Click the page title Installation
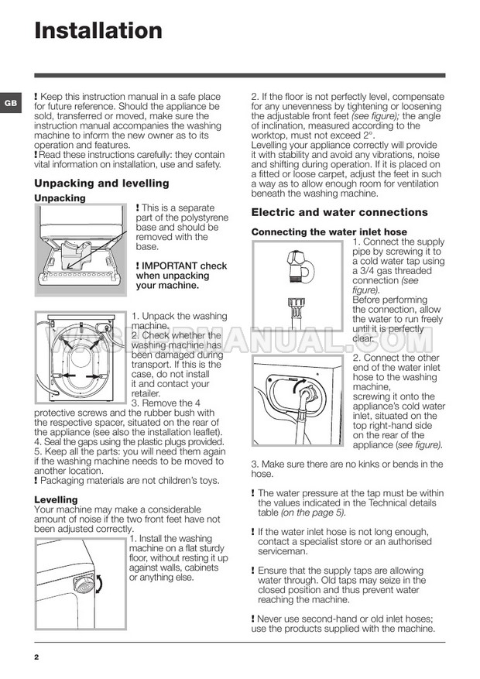point(98,31)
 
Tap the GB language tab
point(9,103)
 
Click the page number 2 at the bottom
point(36,657)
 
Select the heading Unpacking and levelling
point(101,183)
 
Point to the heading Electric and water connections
point(340,212)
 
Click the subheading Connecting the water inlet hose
point(329,231)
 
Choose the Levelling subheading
point(56,500)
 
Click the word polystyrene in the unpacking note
point(192,218)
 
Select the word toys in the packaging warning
point(209,481)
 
